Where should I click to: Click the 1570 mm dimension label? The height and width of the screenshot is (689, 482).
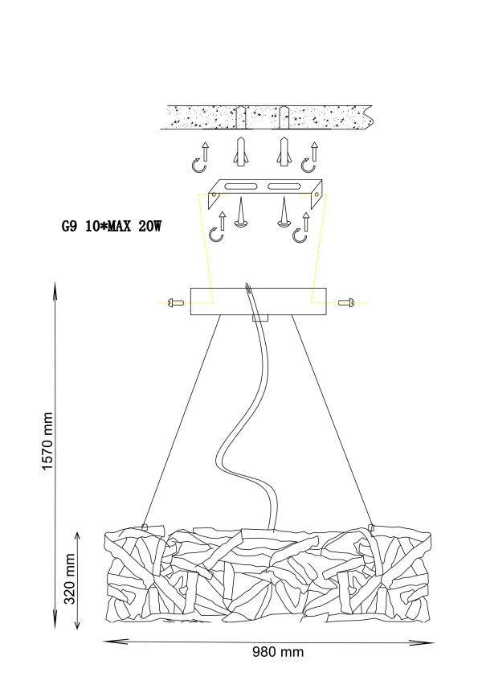click(47, 441)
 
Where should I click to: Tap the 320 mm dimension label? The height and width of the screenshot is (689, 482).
click(69, 579)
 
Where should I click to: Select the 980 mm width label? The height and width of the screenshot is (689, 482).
click(278, 651)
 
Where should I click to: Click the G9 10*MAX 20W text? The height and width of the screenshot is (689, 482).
click(111, 227)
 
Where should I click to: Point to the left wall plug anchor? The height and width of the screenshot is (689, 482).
click(240, 152)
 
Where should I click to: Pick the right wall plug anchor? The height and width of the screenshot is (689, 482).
click(284, 152)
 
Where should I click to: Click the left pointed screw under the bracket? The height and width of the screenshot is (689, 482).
click(240, 213)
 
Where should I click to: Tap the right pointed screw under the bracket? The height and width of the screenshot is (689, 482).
click(284, 213)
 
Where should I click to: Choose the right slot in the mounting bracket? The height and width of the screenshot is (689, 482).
click(284, 187)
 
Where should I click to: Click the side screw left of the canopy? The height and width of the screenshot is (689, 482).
click(176, 303)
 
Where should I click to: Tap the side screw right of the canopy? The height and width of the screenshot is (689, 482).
click(346, 302)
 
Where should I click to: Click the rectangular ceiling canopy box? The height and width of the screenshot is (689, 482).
click(259, 301)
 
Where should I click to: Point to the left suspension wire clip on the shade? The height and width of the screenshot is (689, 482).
click(145, 527)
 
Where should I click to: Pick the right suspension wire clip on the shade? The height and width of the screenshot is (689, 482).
click(371, 527)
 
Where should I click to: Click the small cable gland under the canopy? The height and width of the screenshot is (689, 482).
click(260, 318)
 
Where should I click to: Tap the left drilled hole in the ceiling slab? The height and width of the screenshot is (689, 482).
click(240, 117)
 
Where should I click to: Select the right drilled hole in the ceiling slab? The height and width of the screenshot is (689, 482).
click(284, 117)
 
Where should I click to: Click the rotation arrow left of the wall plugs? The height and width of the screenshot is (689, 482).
click(202, 158)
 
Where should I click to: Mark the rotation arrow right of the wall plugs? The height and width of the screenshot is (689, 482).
click(309, 158)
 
